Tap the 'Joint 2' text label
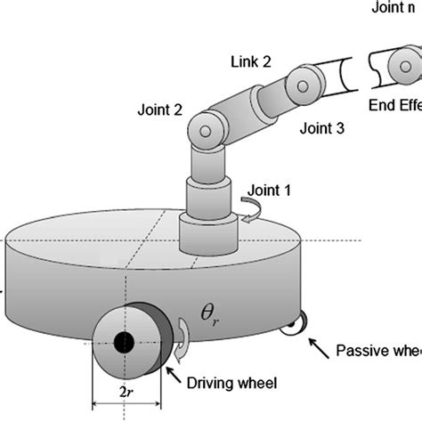click(160, 111)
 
